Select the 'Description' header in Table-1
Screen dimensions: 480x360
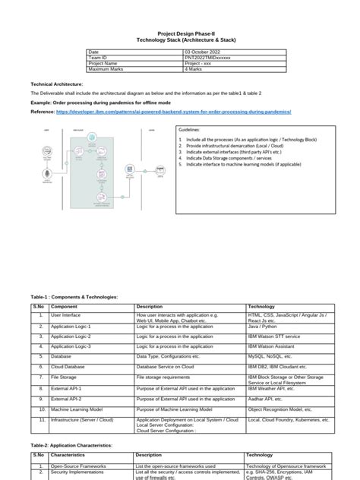pyautogui.click(x=150, y=306)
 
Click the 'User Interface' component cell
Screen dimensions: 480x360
pyautogui.click(x=68, y=314)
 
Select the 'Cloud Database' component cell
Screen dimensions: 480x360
pyautogui.click(x=71, y=366)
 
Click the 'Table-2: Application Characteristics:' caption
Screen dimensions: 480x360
pyautogui.click(x=71, y=446)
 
